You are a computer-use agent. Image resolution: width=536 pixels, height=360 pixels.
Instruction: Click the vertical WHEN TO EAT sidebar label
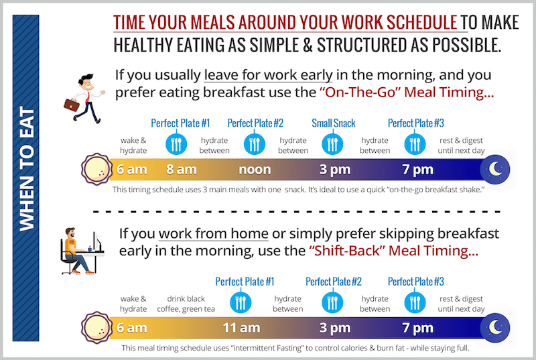pyautogui.click(x=27, y=179)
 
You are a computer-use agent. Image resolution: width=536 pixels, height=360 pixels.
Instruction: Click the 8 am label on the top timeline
pyautogui.click(x=181, y=170)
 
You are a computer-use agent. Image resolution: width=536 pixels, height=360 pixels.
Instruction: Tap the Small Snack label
pyautogui.click(x=333, y=123)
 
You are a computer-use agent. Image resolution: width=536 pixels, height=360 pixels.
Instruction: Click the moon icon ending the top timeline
pyautogui.click(x=496, y=168)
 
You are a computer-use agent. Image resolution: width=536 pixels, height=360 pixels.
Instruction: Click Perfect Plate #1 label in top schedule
pyautogui.click(x=180, y=123)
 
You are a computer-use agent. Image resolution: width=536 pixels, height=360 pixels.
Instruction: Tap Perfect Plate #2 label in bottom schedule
pyautogui.click(x=334, y=282)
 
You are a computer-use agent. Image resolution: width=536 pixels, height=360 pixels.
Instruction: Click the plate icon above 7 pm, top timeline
pyautogui.click(x=415, y=144)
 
